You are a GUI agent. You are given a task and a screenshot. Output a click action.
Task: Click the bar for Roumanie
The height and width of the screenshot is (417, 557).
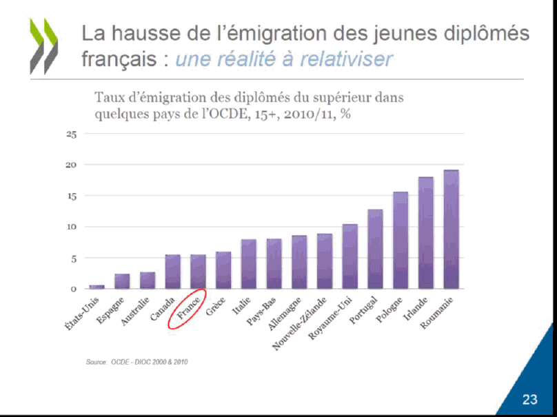pyautogui.click(x=452, y=230)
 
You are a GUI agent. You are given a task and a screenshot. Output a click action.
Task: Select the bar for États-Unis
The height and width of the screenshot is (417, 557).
pyautogui.click(x=97, y=286)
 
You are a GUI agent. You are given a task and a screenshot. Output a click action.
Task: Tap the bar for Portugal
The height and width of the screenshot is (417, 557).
pyautogui.click(x=375, y=249)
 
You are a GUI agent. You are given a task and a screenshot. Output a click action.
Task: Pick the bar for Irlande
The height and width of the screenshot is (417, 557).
pyautogui.click(x=426, y=233)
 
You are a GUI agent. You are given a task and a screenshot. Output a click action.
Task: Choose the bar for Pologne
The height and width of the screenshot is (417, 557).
pyautogui.click(x=401, y=241)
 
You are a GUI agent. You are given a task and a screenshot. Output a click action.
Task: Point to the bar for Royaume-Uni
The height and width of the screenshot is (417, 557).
pyautogui.click(x=350, y=256)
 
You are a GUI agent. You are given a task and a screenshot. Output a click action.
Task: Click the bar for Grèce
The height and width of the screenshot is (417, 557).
pyautogui.click(x=223, y=270)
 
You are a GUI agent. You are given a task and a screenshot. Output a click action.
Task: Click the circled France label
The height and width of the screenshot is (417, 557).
pyautogui.click(x=188, y=308)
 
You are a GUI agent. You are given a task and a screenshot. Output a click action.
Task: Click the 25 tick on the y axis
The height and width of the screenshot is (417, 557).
pyautogui.click(x=71, y=134)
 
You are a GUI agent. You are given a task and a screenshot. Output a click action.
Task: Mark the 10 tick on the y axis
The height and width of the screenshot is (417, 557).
pyautogui.click(x=71, y=227)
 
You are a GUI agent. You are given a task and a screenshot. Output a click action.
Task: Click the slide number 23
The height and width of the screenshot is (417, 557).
pyautogui.click(x=529, y=399)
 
